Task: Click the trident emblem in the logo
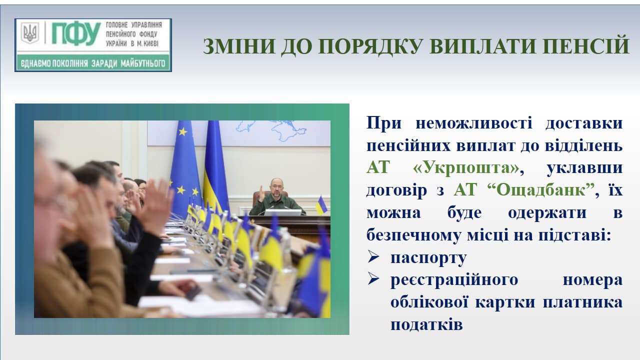click(29, 33)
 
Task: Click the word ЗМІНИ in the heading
click(239, 46)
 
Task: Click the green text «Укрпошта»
click(466, 167)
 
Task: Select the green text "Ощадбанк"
click(542, 189)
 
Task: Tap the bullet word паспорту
click(428, 258)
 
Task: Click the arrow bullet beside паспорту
click(373, 256)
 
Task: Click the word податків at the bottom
click(426, 324)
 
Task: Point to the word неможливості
click(474, 123)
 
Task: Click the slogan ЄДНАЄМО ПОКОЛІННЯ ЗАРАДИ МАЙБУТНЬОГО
click(93, 63)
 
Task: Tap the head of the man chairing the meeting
click(276, 187)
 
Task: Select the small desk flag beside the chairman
click(321, 205)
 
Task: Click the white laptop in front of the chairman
click(282, 212)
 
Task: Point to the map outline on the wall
click(271, 130)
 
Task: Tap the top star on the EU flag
click(183, 131)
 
